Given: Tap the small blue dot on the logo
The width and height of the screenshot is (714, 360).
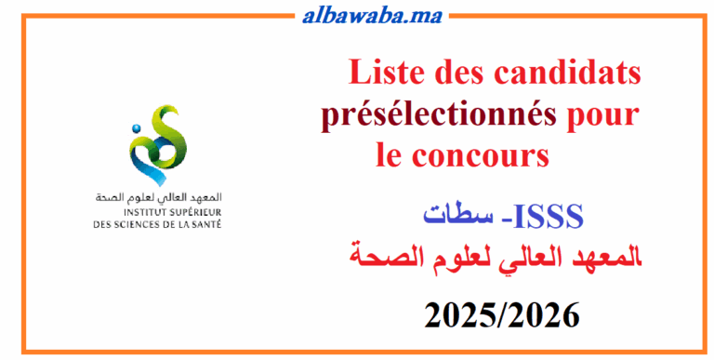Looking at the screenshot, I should pos(136,127).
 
